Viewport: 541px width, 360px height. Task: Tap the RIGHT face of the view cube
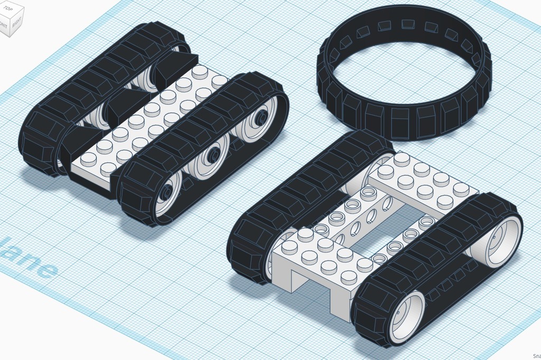point(16,24)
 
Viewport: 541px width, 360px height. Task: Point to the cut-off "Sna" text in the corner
point(536,356)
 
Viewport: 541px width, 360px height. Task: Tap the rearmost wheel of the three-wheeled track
point(259,119)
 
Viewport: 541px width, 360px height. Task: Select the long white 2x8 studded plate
point(153,122)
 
